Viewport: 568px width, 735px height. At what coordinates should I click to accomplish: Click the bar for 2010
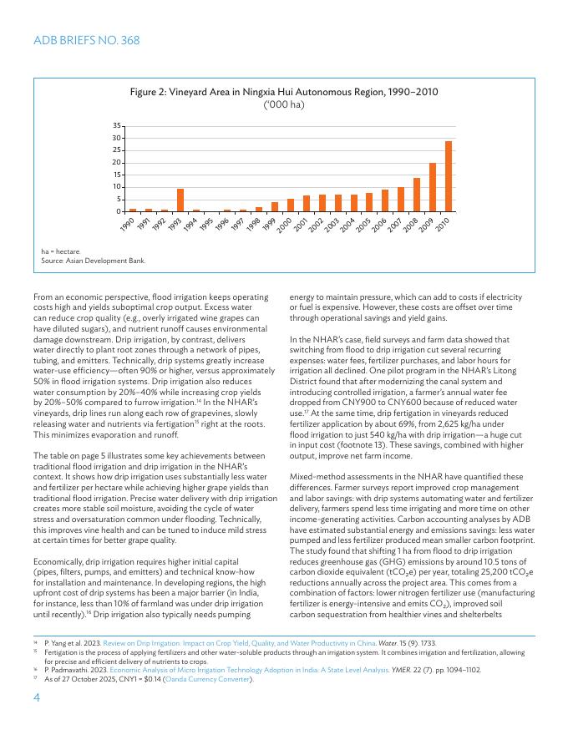point(449,176)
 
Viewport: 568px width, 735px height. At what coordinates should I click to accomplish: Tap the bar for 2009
point(433,187)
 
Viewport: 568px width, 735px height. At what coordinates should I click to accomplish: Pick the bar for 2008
point(417,195)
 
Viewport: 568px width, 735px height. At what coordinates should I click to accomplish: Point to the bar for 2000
point(291,205)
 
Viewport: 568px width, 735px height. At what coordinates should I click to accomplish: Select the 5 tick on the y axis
point(119,200)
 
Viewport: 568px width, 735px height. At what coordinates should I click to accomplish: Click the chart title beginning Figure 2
point(284,91)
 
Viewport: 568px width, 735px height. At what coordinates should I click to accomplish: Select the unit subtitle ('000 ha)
point(284,104)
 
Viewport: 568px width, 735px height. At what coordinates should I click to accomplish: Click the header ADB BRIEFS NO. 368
point(86,40)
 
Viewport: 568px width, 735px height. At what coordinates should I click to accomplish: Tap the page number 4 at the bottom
point(37,700)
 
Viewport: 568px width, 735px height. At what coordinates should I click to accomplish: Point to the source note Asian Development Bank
point(94,261)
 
